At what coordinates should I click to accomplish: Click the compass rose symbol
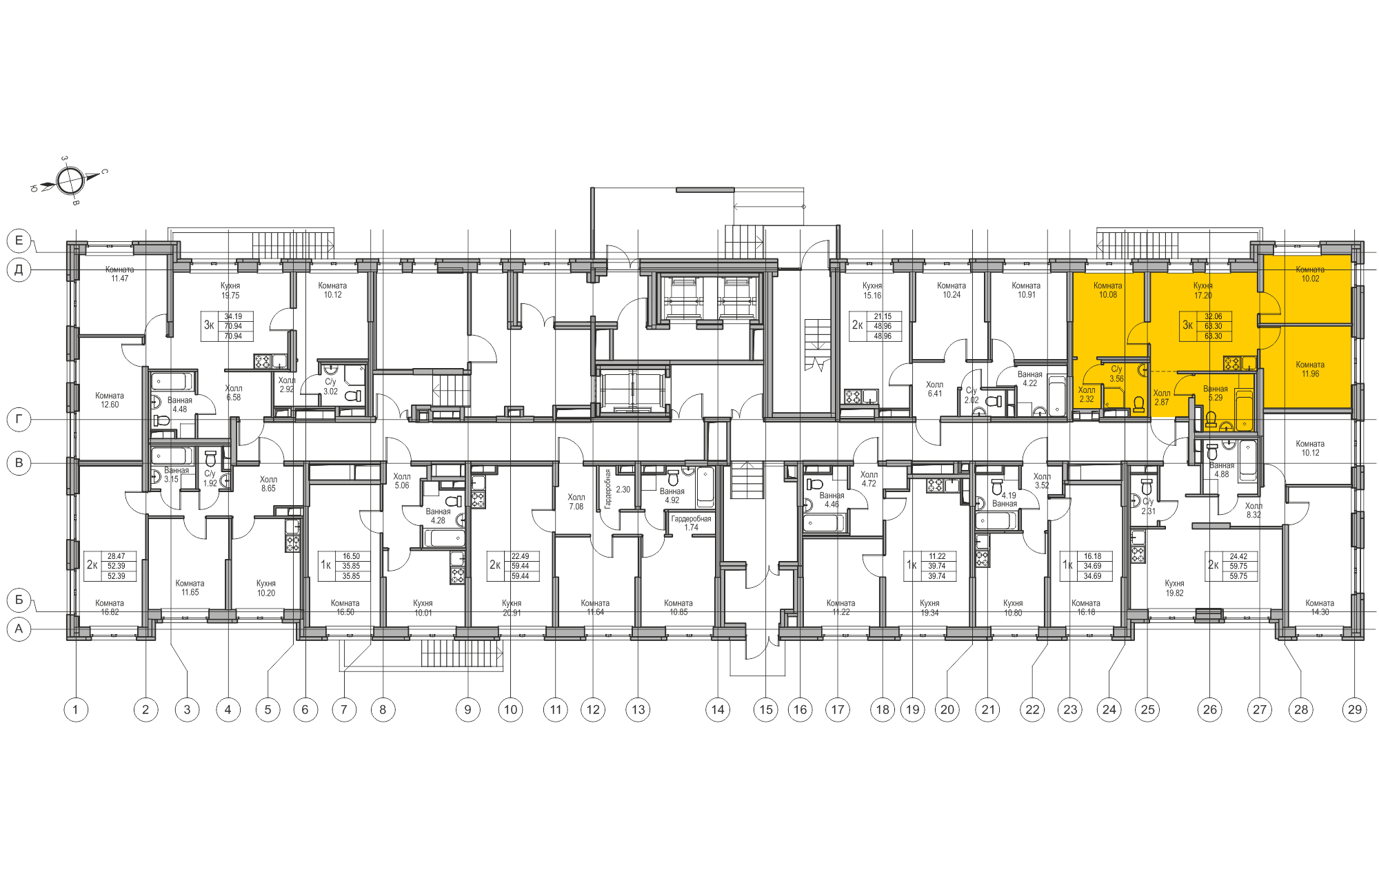point(70,181)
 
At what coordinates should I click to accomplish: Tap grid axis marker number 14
point(718,709)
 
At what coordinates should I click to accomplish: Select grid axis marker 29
point(1354,709)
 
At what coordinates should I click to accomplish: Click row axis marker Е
point(19,241)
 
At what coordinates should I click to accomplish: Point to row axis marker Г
point(19,418)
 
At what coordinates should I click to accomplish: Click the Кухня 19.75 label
point(230,290)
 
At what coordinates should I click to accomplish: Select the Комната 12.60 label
point(110,400)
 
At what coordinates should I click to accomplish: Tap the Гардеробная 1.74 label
point(691,523)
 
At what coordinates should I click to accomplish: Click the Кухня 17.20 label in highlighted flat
point(1202,290)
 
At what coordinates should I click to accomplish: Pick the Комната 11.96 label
point(1309,369)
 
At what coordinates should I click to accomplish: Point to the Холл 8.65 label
point(268,484)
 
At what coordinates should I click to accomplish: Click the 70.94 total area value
point(233,327)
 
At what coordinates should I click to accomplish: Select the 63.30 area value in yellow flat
point(1213,327)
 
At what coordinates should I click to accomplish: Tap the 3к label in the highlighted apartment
point(1187,325)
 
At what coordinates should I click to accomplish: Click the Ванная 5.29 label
point(1215,393)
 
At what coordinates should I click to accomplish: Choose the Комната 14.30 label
point(1319,607)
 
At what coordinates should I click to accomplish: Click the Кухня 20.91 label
point(512,608)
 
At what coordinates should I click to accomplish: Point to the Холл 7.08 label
point(576,502)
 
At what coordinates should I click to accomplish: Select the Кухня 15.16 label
point(872,290)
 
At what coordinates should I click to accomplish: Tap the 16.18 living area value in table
point(1092,556)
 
